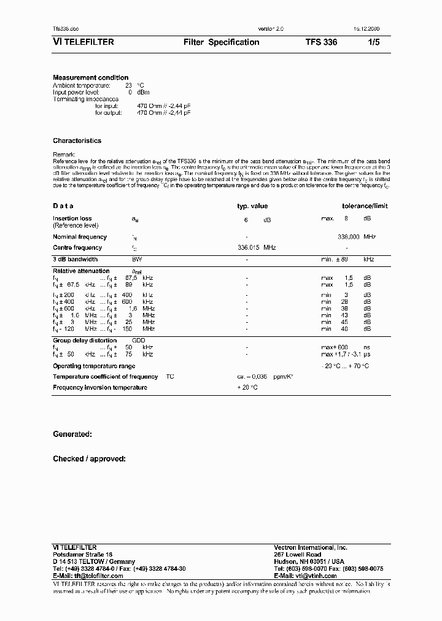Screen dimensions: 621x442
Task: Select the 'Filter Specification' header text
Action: point(221,42)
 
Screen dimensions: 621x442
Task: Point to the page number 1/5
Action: point(374,42)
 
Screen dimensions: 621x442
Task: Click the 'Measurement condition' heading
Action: point(91,78)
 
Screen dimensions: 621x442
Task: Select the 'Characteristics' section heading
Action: point(77,141)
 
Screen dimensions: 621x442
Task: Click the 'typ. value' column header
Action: point(252,207)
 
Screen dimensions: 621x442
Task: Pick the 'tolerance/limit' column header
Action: point(365,207)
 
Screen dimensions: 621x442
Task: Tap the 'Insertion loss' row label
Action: point(72,218)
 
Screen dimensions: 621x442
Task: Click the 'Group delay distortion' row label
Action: point(85,341)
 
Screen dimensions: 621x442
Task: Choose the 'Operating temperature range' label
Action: point(93,366)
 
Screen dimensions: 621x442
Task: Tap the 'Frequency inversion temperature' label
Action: point(100,388)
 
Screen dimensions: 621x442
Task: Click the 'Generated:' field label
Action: point(72,434)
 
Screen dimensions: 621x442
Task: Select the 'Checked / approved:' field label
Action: point(90,458)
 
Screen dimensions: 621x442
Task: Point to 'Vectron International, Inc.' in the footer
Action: point(310,547)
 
